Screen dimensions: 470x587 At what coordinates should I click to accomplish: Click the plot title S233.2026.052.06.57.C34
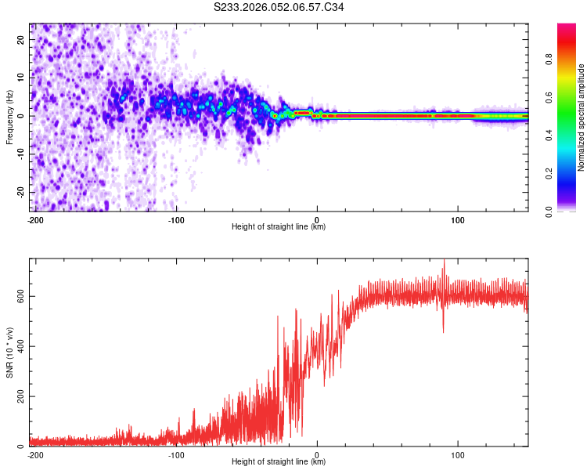279,7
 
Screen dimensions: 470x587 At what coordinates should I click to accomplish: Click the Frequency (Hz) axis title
9,117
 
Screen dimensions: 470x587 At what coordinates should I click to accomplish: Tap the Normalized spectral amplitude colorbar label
582,117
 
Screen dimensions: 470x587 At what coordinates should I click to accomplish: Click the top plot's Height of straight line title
279,226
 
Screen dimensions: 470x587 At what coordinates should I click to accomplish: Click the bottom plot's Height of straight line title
279,461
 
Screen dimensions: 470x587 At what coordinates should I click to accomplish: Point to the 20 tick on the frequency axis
22,41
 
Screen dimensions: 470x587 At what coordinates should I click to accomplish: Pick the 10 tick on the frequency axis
22,78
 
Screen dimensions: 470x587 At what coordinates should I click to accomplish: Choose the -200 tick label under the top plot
34,219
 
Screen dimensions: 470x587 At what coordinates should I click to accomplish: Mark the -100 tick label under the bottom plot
175,454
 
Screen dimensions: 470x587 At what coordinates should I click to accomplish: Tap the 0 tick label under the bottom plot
317,454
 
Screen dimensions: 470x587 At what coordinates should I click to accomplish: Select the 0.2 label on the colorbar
549,174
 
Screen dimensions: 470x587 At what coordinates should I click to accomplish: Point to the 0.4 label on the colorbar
549,136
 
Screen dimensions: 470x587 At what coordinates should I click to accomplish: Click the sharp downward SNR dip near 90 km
443,329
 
